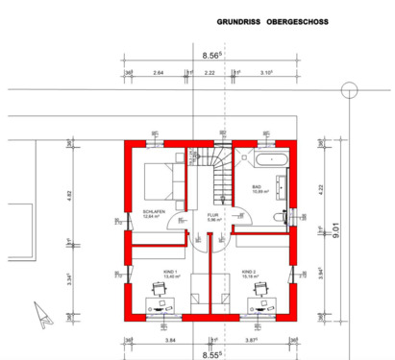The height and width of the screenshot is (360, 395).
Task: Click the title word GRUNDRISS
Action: (x=235, y=19)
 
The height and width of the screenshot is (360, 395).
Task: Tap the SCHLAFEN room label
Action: (x=155, y=212)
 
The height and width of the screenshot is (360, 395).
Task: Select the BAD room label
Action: (x=257, y=187)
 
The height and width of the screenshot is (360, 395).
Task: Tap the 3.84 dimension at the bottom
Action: (x=171, y=340)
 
